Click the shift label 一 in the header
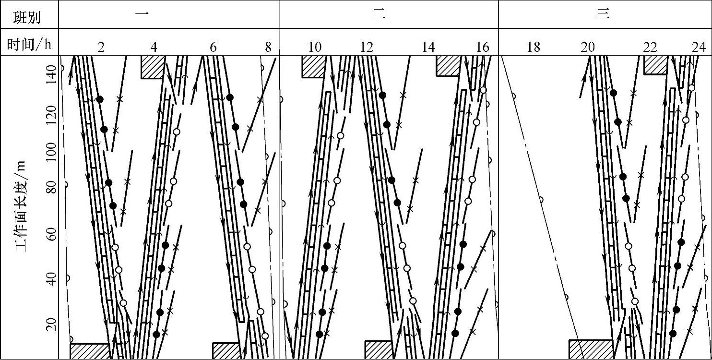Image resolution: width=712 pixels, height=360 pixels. pos(142,14)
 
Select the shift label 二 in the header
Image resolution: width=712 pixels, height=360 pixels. pos(379,14)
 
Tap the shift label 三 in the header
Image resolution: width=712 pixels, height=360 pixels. pos(603,14)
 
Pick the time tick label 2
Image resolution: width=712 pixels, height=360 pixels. pos(101,47)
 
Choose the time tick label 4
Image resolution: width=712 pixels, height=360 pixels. pos(154,47)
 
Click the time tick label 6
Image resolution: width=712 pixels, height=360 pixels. pos(213,47)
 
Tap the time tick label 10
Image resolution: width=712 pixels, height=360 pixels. pos(315,47)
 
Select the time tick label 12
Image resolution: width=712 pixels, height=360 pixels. pos(367,47)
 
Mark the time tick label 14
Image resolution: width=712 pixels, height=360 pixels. pos(428,47)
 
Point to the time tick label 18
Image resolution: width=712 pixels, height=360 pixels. pos(533,47)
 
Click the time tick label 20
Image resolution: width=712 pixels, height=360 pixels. pos(588,47)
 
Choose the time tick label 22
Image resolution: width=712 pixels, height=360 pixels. pos(650,47)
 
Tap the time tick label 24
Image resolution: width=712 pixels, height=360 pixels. pos(699,47)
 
